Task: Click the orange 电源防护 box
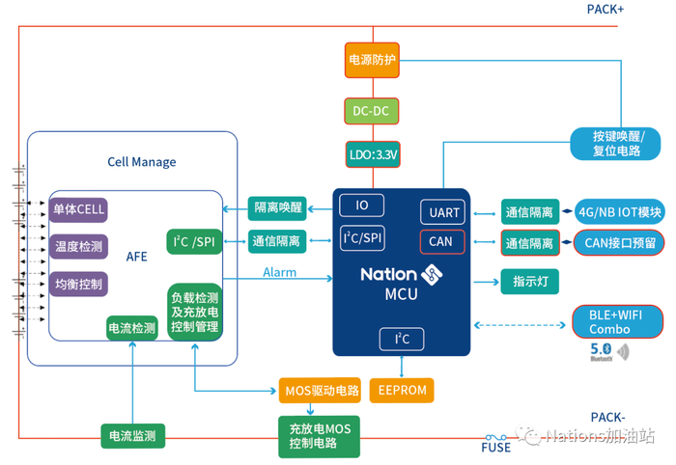pyautogui.click(x=372, y=60)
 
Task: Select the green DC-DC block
pyautogui.click(x=372, y=111)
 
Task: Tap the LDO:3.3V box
pyautogui.click(x=372, y=153)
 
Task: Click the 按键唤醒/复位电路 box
pyautogui.click(x=615, y=144)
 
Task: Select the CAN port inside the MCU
pyautogui.click(x=441, y=241)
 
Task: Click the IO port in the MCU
pyautogui.click(x=362, y=205)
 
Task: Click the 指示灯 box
pyautogui.click(x=529, y=281)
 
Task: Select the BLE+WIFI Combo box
pyautogui.click(x=615, y=321)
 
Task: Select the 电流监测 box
pyautogui.click(x=132, y=435)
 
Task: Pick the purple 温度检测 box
pyautogui.click(x=78, y=247)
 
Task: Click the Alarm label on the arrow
pyautogui.click(x=279, y=273)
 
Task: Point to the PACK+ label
pyautogui.click(x=606, y=10)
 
